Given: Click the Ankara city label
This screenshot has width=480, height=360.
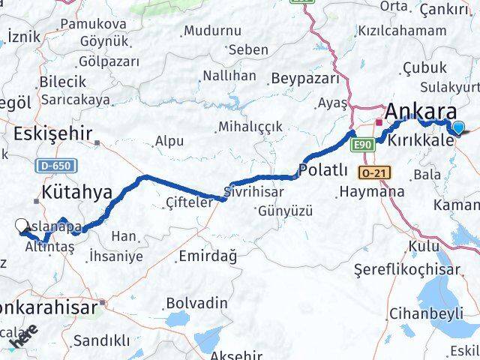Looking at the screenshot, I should (x=421, y=111).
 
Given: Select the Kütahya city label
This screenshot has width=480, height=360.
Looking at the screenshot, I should (x=77, y=193).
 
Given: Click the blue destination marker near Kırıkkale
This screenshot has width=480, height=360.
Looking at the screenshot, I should (x=458, y=128).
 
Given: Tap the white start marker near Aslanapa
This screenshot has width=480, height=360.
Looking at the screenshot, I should (x=22, y=225).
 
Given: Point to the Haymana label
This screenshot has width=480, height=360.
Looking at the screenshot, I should (x=372, y=192).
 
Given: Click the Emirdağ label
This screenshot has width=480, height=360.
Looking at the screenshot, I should (x=208, y=256).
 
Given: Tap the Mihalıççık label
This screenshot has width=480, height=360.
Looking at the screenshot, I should (x=250, y=126).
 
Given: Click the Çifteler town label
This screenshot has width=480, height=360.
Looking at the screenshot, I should (x=190, y=201).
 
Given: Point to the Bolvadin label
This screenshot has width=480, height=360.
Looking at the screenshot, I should (x=196, y=302).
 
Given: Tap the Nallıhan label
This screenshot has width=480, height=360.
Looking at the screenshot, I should (x=229, y=76).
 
